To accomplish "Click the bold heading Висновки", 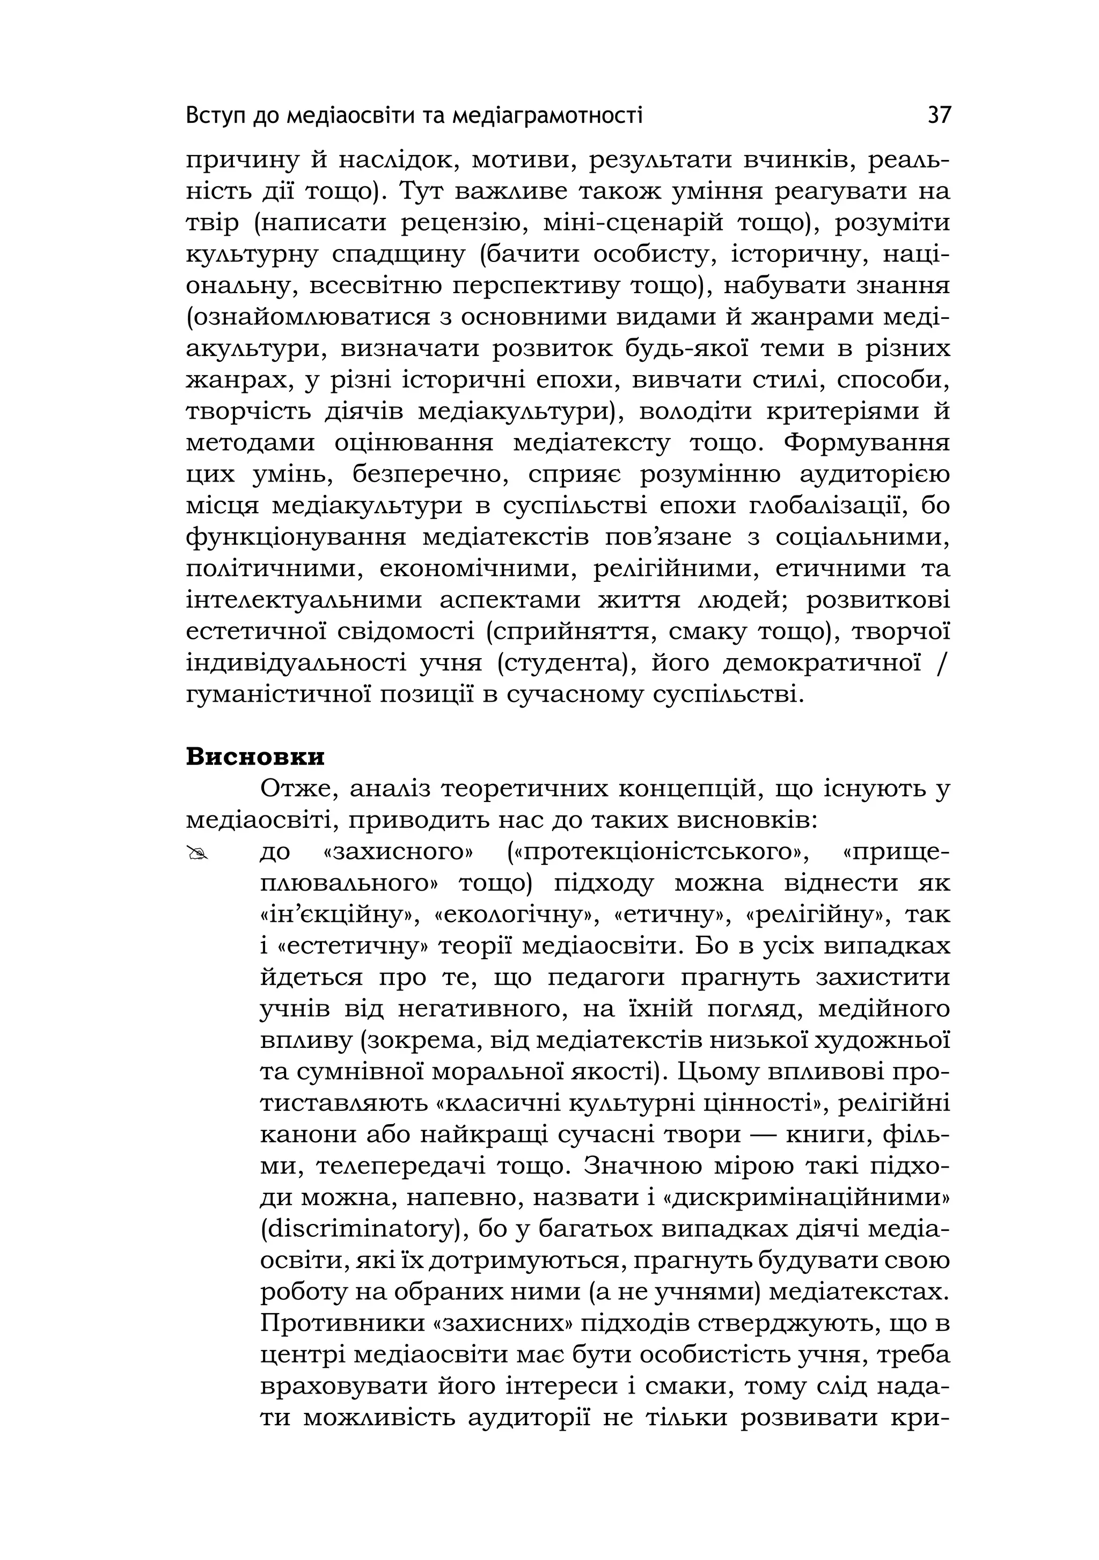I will click(x=255, y=756).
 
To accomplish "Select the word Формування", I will click(x=866, y=442).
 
